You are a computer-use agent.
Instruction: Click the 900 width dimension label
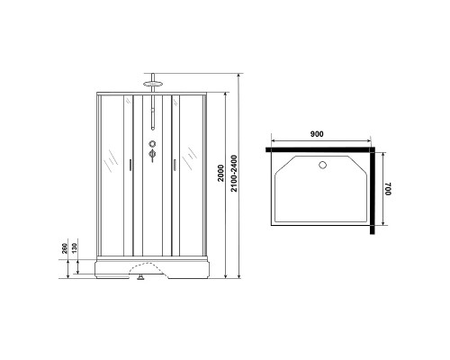tap(316, 133)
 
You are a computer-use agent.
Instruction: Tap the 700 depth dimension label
tap(388, 189)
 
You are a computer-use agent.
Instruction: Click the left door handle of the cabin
tap(131, 163)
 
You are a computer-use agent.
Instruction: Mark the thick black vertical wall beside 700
tap(373, 193)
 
